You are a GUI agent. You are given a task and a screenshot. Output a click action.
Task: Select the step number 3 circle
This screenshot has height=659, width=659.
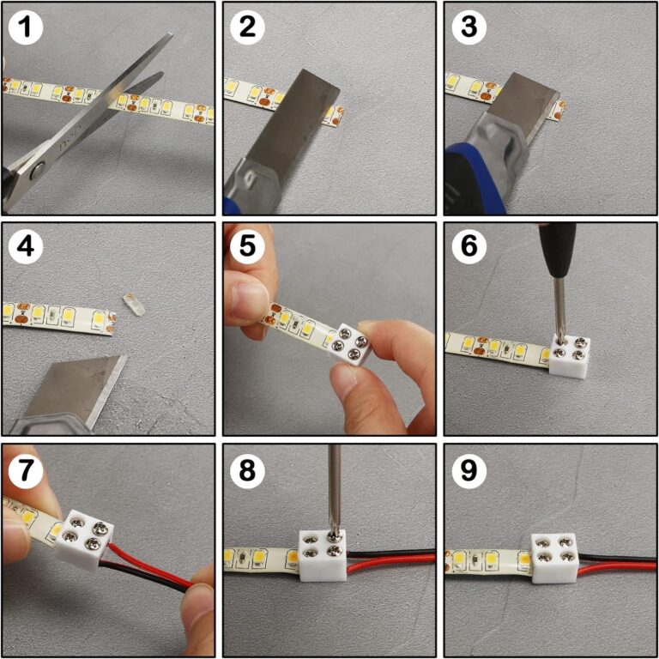(469, 28)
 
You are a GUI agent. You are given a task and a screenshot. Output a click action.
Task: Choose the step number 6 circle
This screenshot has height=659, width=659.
(469, 249)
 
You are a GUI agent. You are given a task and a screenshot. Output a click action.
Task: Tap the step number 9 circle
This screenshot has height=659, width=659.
(469, 469)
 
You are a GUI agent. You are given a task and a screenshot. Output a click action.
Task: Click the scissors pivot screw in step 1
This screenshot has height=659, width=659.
(35, 172)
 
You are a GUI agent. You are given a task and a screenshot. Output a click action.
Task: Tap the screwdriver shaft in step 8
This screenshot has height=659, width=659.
(334, 489)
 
